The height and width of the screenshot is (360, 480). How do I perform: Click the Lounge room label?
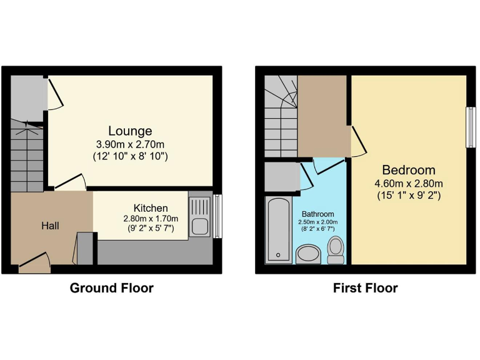coord(130,131)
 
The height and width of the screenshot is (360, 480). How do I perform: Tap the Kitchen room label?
coord(150,208)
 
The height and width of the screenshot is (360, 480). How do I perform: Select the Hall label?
coord(50,226)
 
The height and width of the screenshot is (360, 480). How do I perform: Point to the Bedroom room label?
coord(409,170)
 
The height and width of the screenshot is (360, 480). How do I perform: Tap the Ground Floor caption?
coord(111,288)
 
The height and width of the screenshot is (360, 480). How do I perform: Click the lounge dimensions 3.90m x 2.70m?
coord(130,143)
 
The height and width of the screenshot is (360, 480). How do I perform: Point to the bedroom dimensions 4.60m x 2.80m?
coord(409,183)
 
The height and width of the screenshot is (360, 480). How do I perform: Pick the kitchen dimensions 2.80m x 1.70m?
coord(150,219)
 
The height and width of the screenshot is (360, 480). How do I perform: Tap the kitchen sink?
coord(200,216)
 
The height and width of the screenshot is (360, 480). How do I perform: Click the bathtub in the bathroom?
coord(277,229)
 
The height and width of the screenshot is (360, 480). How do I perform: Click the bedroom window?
coord(469,127)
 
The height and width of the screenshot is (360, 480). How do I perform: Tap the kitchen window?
coord(217,216)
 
